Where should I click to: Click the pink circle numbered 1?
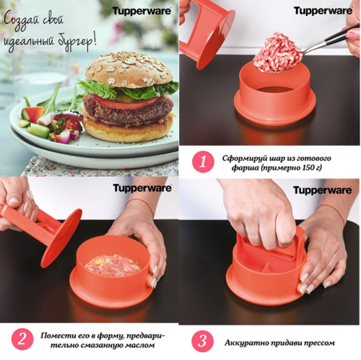coord(203,162)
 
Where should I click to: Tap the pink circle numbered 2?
coord(22,339)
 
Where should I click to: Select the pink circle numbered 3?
coord(203,341)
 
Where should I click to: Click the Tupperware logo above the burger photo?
coord(142,11)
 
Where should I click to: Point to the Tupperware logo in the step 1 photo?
coord(323,11)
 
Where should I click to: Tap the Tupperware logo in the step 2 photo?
coord(142,188)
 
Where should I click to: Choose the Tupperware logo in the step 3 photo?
coord(323,190)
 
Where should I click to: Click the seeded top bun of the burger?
coord(129,70)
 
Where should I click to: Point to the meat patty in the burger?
coord(128,110)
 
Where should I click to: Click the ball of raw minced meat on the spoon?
coord(278,52)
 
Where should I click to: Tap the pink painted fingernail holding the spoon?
coord(351,35)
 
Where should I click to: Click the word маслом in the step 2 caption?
coord(138,346)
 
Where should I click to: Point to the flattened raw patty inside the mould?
coord(114,266)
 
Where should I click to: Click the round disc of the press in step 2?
coord(62,238)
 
